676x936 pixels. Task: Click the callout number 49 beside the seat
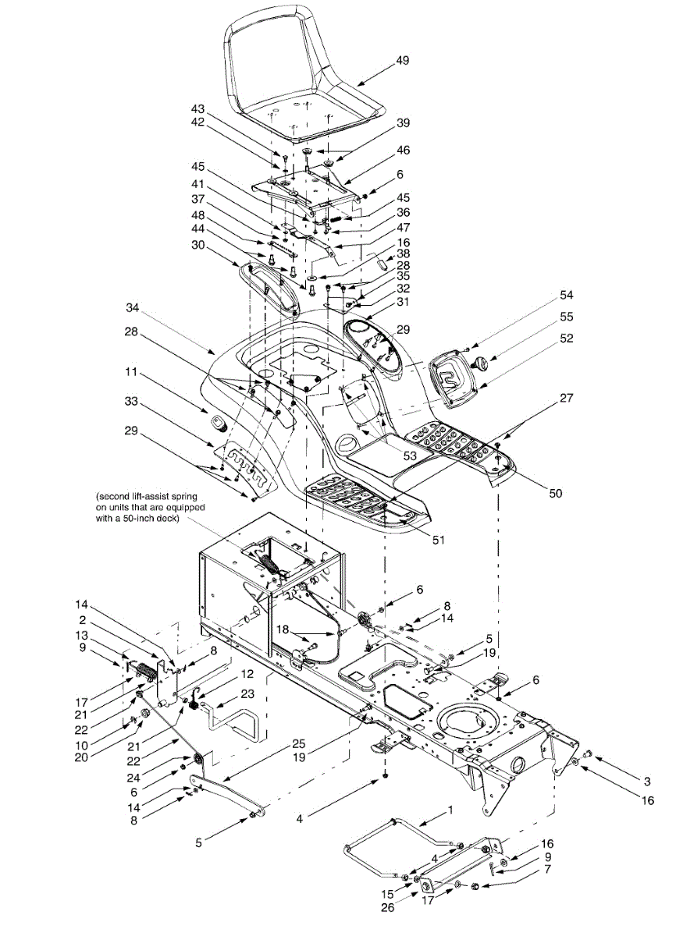pos(403,60)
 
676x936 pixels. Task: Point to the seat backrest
pos(285,55)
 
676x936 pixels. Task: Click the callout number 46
pos(403,149)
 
